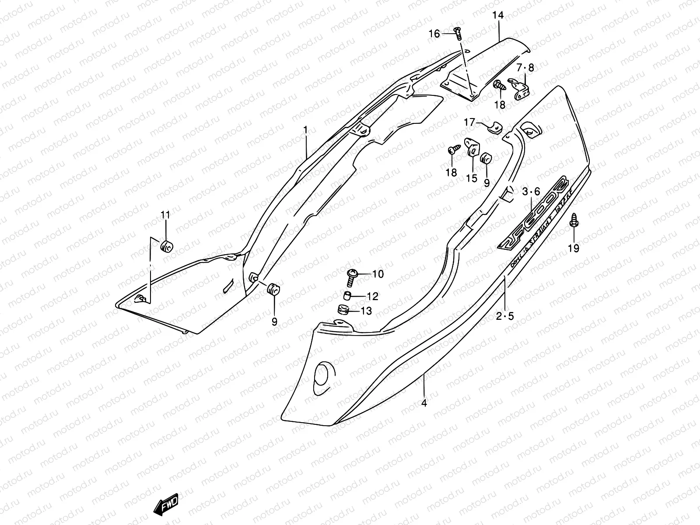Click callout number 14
point(498,16)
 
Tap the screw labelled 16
point(458,32)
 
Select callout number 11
point(165,215)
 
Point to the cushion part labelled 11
point(166,246)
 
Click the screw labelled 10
point(353,275)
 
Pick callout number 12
point(372,297)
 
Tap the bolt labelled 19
point(573,223)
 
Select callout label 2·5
point(505,316)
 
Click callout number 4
point(424,403)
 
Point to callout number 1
point(305,129)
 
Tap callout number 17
point(469,123)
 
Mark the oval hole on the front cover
point(323,373)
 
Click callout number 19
point(573,248)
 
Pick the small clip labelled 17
point(495,127)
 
